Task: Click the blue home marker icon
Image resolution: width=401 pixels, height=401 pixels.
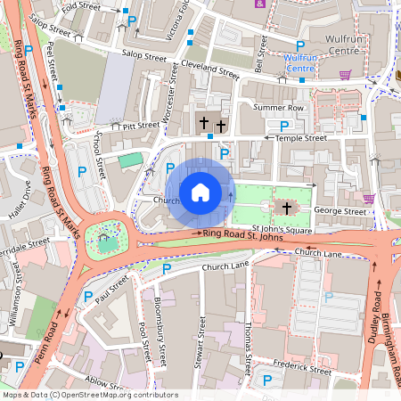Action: tap(200, 192)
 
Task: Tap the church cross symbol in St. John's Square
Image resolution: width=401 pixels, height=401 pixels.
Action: tap(286, 208)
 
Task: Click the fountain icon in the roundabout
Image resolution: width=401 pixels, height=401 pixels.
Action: tap(108, 237)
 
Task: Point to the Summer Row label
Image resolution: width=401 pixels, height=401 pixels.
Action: tap(278, 107)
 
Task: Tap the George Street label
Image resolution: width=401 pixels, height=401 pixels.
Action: tap(340, 212)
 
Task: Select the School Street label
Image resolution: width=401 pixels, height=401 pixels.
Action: tap(98, 154)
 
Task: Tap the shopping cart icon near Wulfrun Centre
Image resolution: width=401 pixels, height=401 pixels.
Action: tap(344, 74)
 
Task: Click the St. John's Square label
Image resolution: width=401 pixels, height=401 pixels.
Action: tap(282, 230)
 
